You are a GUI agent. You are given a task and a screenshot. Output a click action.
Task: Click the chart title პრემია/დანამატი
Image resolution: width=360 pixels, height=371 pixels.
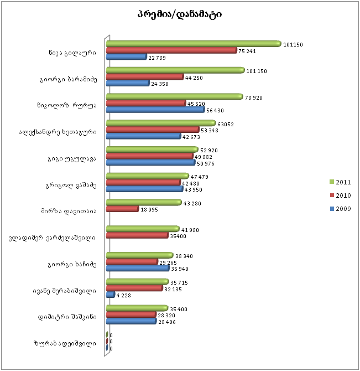(x=180, y=14)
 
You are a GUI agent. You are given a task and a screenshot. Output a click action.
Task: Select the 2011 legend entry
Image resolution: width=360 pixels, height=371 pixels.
(x=341, y=182)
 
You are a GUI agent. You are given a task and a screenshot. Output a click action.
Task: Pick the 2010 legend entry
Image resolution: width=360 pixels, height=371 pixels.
(x=341, y=195)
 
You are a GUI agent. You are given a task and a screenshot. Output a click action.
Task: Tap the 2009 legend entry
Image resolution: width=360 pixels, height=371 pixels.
(x=341, y=209)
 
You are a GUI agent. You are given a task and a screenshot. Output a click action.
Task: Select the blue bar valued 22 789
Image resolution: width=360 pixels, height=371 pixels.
(x=126, y=57)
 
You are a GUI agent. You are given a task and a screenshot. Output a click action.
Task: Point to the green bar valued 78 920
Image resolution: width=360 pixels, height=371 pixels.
(x=174, y=96)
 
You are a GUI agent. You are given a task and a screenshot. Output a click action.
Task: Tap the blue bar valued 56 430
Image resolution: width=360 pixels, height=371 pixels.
(x=155, y=110)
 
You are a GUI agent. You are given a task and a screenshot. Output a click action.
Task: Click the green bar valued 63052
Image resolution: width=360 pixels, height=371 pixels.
(x=160, y=123)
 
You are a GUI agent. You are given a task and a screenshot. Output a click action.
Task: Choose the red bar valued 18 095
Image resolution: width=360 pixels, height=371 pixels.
(x=122, y=209)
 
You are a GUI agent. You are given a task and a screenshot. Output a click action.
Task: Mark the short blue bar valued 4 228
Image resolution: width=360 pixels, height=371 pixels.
(x=110, y=295)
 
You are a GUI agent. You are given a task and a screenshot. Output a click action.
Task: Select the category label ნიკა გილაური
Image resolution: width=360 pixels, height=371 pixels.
(x=71, y=53)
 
